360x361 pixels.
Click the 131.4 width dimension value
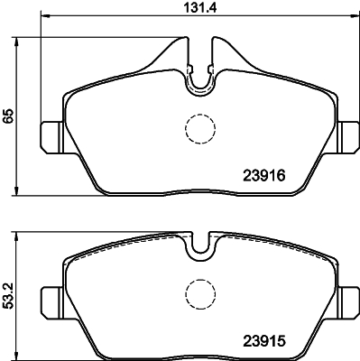[x=200, y=7]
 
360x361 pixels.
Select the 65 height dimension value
[x=8, y=116]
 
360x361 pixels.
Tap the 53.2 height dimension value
[x=8, y=297]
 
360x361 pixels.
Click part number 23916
[x=263, y=175]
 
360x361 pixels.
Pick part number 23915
[x=263, y=341]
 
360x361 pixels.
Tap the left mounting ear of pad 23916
[x=51, y=137]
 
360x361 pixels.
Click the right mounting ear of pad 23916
[x=348, y=137]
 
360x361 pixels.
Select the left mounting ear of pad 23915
[x=51, y=302]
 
